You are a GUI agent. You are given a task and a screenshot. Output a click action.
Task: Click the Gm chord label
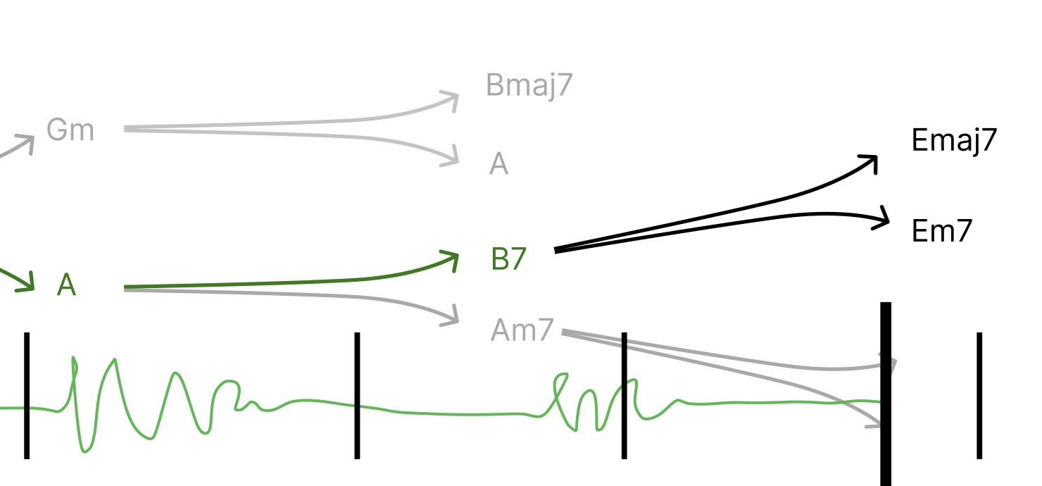70,130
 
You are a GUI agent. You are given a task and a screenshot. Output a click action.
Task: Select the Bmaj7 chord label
529,85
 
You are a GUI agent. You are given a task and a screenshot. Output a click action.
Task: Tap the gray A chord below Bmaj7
498,164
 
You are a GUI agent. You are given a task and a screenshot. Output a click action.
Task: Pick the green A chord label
66,285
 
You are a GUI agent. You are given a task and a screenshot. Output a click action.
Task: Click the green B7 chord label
508,259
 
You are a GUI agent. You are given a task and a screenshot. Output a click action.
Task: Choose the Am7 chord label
522,330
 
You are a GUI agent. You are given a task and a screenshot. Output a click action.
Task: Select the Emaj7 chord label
954,140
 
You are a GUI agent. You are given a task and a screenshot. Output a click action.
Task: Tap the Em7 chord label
941,230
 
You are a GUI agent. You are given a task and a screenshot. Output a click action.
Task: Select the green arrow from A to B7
317,282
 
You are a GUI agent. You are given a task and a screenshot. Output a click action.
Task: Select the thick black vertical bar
886,394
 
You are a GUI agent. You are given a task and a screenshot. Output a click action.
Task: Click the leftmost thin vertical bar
27,394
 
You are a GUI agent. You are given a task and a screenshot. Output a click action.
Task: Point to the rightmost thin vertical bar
979,394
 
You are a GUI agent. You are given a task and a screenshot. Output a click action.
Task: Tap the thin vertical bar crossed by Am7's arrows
624,394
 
